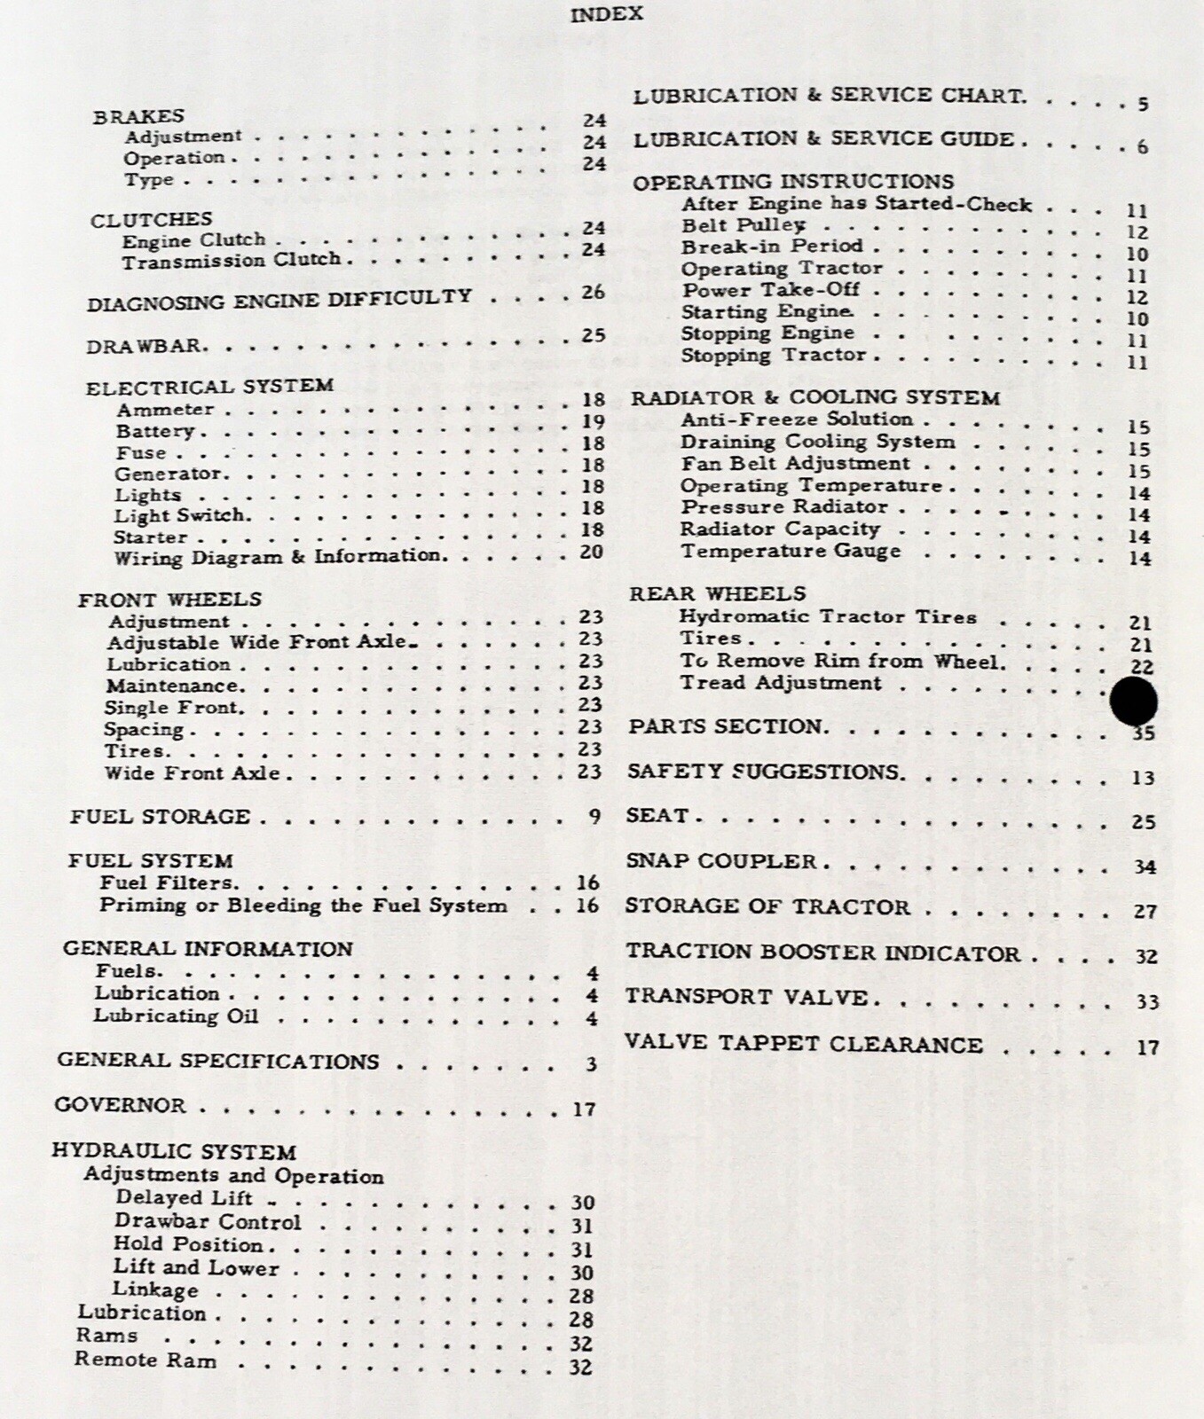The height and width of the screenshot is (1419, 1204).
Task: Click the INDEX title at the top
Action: (606, 14)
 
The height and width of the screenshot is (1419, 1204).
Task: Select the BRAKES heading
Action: (138, 116)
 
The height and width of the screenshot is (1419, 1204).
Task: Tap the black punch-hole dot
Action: (1133, 702)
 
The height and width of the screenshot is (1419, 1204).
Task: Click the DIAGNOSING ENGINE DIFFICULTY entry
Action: (279, 299)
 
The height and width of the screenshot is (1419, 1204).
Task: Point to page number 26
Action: (593, 292)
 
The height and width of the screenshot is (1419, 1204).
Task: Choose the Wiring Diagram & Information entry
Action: (277, 557)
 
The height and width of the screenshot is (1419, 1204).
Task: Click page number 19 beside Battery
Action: (593, 421)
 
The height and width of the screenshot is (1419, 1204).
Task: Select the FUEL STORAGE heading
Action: (160, 816)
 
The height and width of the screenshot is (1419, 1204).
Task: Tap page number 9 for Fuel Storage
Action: (594, 816)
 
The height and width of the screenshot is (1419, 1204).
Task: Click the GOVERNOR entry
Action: (120, 1105)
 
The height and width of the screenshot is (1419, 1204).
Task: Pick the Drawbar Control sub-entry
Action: (208, 1222)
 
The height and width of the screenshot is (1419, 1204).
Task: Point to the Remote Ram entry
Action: (145, 1360)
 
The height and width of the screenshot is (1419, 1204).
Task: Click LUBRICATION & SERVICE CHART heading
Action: (829, 96)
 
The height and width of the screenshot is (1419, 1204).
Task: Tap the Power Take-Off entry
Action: (770, 290)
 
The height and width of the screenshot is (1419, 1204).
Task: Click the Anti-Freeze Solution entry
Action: (796, 419)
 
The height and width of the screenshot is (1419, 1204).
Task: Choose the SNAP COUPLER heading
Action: (720, 861)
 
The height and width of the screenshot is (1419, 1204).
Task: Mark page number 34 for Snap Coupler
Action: (1145, 866)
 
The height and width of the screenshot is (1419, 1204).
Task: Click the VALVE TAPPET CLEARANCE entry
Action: (803, 1044)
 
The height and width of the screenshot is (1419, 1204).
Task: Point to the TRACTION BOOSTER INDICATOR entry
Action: (822, 953)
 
